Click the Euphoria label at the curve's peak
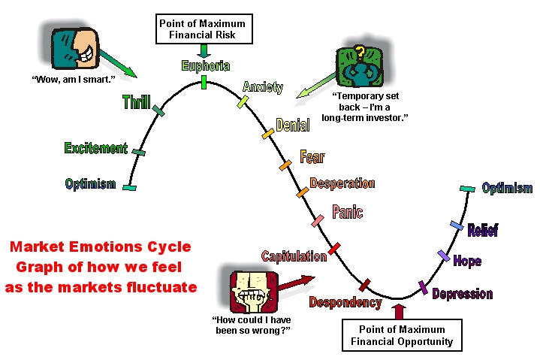[206, 66]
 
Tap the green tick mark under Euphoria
[204, 83]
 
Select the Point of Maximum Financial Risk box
[204, 29]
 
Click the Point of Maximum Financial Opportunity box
[402, 335]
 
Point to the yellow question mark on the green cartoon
[360, 53]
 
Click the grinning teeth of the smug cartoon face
[86, 54]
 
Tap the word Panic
[347, 212]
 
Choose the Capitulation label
[294, 256]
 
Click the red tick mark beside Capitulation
[334, 248]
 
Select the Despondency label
[345, 302]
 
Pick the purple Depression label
[463, 294]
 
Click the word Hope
[467, 261]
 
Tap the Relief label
[483, 230]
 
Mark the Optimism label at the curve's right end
[507, 188]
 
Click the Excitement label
[96, 148]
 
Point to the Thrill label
[137, 102]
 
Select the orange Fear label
[312, 157]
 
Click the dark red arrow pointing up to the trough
[399, 312]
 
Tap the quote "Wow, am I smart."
[74, 80]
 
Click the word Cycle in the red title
[169, 247]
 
